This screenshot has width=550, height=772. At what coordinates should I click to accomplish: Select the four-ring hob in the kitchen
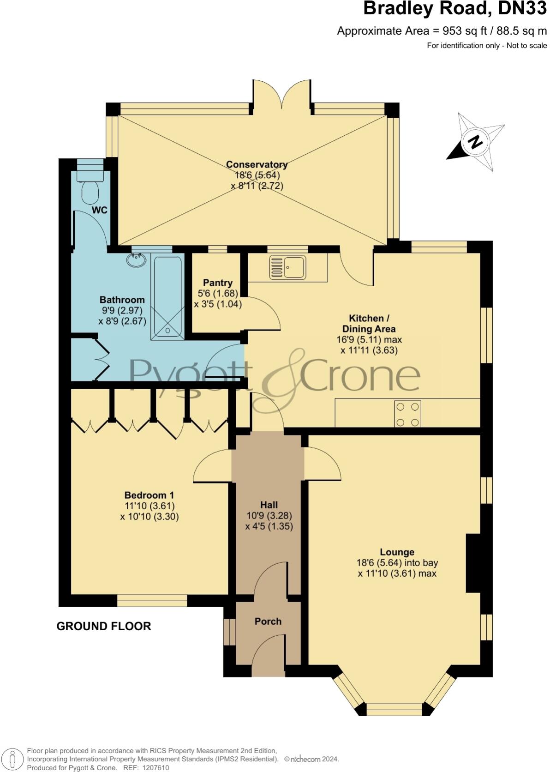408,414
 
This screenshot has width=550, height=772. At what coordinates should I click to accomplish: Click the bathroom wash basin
137,260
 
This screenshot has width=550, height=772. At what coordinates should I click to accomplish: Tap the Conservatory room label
257,165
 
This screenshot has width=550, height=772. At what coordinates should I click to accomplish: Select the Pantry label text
218,283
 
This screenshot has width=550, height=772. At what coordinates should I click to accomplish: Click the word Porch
268,621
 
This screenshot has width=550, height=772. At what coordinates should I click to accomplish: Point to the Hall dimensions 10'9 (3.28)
269,515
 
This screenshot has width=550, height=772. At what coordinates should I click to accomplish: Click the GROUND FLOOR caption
104,626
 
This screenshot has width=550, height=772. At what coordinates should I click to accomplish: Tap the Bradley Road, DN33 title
454,9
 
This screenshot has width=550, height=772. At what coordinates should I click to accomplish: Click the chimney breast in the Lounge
473,563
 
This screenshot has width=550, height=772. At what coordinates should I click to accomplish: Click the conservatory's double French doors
281,95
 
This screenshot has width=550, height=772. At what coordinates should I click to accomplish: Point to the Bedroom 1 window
152,600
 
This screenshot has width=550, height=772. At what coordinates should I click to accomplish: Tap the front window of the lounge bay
394,709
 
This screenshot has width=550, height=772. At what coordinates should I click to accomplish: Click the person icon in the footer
13,760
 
